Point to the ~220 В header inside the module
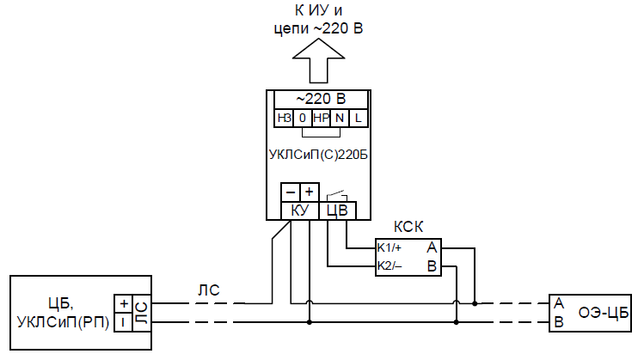(319, 99)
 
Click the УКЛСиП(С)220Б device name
(319, 155)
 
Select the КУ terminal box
(300, 210)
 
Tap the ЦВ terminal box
(337, 210)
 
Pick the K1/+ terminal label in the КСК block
(390, 247)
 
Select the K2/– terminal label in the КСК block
(390, 265)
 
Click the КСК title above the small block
(408, 228)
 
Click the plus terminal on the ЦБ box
(124, 304)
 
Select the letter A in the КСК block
(432, 247)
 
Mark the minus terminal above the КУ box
(291, 192)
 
